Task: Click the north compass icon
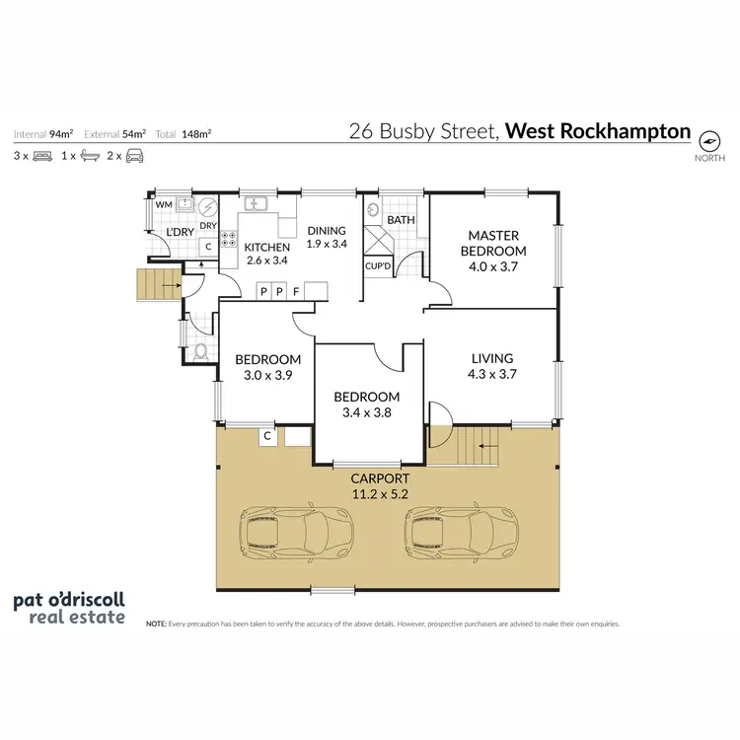pos(708,138)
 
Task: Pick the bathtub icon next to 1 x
pos(90,156)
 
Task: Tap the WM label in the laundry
pos(163,204)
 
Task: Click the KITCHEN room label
pos(266,247)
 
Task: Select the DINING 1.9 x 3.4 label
pos(326,237)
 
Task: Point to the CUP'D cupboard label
pos(379,266)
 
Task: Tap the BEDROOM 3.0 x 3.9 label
pos(267,366)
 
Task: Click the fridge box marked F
pos(295,291)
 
